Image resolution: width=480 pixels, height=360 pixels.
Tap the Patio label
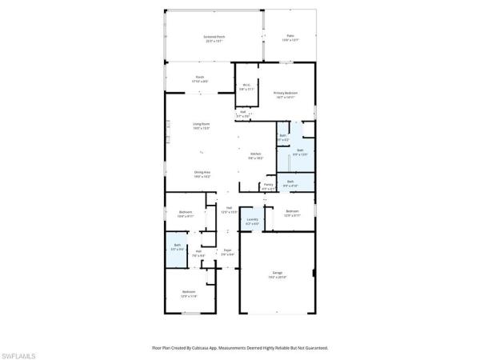point(290,36)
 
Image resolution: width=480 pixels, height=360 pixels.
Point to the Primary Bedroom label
point(286,93)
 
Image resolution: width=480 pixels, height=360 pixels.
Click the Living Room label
point(201,124)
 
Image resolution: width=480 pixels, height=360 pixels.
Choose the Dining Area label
point(202,172)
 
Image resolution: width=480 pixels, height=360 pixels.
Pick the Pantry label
point(268,185)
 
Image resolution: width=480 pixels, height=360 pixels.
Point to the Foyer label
point(227,250)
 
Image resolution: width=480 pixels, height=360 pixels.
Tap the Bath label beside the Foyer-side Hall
point(177,246)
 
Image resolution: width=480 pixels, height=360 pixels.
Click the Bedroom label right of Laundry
point(292,211)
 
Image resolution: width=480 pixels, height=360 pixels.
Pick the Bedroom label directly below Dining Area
point(185,212)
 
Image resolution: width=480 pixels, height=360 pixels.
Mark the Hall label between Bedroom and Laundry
point(229,208)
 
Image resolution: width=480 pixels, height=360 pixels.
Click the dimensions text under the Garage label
point(278,278)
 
